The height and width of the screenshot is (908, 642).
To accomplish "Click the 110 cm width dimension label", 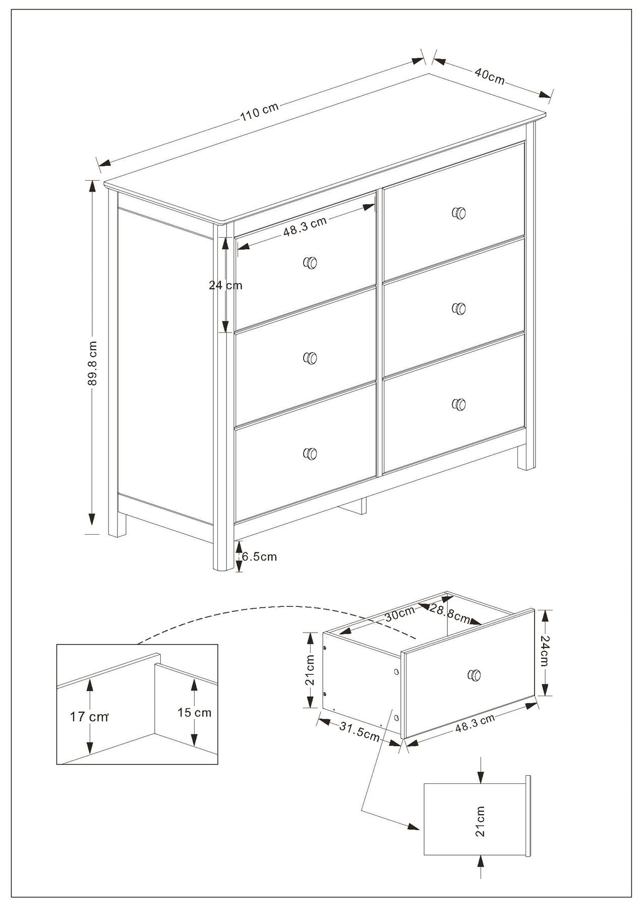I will (x=259, y=112).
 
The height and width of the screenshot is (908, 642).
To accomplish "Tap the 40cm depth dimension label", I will (x=489, y=76).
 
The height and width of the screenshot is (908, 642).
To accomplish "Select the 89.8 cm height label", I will (x=92, y=363).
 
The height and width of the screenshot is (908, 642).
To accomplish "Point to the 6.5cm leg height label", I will (x=259, y=557).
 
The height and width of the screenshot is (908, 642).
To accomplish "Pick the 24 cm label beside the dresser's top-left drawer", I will (x=225, y=286).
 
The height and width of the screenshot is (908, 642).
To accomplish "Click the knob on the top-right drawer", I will (x=458, y=212).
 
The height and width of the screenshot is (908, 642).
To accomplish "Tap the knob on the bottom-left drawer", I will (x=310, y=453).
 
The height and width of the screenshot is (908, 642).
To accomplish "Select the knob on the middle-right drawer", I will (x=458, y=308).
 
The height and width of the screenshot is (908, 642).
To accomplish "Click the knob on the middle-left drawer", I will (x=310, y=358).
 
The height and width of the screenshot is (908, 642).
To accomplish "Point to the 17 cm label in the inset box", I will (x=89, y=716).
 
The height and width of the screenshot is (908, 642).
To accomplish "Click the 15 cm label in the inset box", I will (x=194, y=712).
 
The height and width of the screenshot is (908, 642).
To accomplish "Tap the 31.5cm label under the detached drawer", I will (x=359, y=731).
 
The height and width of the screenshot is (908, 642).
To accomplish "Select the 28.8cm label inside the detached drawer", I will (x=450, y=613).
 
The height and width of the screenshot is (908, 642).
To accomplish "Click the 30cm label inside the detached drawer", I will (x=399, y=614).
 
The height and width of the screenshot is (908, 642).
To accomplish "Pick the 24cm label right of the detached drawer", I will (x=545, y=651).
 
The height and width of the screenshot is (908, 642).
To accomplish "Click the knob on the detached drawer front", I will (x=474, y=675).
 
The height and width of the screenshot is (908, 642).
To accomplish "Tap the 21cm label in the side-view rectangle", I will (x=480, y=821).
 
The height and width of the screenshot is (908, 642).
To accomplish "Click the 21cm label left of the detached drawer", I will (x=310, y=670).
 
